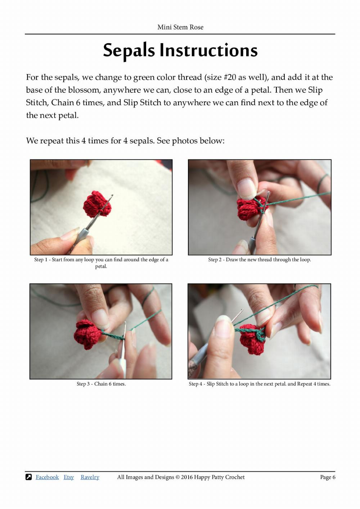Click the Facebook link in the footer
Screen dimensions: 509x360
[x=47, y=477]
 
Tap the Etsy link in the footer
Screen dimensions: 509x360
[x=68, y=477]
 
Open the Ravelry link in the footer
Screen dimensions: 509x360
[x=90, y=477]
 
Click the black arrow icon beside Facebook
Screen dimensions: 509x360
[x=29, y=477]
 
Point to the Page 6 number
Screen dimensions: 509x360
[x=328, y=477]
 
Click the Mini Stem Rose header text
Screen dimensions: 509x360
[x=180, y=27]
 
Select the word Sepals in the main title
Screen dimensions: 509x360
[x=129, y=50]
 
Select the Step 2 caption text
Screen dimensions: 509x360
[x=259, y=259]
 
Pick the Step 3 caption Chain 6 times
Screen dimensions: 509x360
[x=101, y=384]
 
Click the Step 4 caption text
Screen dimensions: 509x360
[x=259, y=384]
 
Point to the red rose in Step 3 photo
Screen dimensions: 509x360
[x=86, y=334]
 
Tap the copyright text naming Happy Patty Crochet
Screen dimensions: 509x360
[x=181, y=477]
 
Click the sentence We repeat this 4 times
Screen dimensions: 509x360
[x=125, y=140]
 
